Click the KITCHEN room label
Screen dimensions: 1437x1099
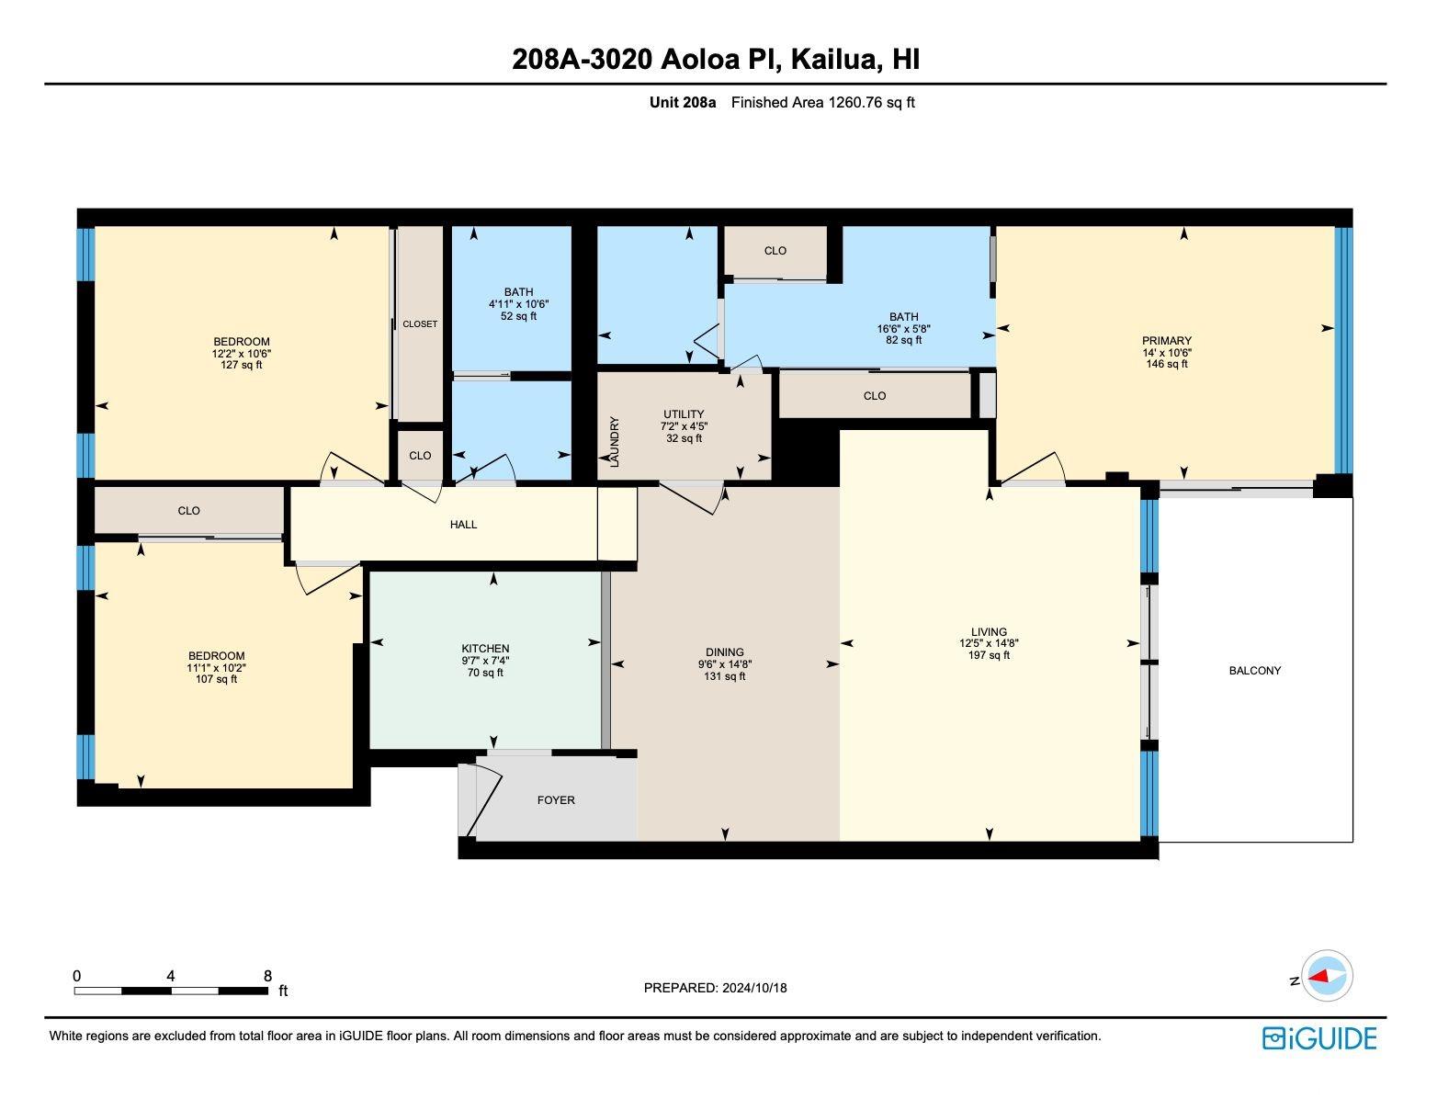pos(485,648)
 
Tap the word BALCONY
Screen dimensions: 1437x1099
pos(1254,670)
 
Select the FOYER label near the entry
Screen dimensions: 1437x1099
pos(556,799)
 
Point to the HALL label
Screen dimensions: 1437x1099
pos(463,525)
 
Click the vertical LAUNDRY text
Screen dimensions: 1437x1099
pos(615,442)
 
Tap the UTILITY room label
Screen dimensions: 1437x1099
pos(684,414)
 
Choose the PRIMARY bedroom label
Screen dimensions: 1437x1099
pos(1167,340)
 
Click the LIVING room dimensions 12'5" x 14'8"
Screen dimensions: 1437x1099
pos(989,643)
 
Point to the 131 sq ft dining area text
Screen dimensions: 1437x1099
pos(725,676)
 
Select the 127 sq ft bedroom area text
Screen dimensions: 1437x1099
pos(242,365)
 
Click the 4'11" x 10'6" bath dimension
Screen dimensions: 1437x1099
pos(518,304)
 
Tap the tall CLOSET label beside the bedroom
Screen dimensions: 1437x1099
pos(420,324)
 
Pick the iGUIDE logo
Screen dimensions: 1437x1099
pos(1319,1038)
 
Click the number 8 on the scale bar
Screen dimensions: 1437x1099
pos(267,976)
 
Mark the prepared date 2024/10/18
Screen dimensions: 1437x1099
pos(755,988)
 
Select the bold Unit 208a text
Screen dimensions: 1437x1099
pos(682,102)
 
